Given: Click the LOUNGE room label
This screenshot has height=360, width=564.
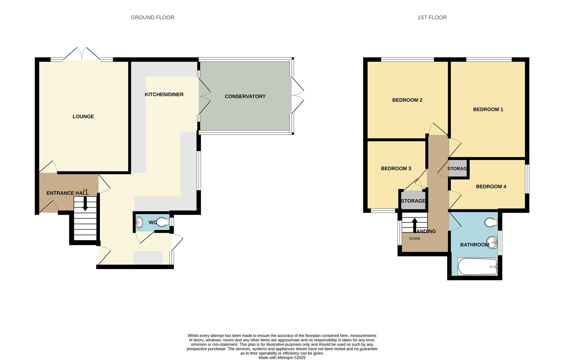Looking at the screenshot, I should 83,116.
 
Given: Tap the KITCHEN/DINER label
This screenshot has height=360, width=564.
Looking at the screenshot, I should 164,94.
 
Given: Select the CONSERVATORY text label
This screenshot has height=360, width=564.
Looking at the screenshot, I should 245,96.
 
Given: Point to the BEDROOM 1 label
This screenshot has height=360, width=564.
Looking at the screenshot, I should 488,109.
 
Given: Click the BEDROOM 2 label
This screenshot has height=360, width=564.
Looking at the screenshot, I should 407,100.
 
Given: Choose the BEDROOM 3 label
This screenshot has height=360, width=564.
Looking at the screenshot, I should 396,168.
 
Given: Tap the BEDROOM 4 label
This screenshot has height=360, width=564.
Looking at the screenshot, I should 491,186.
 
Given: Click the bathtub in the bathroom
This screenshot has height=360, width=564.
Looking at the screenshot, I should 477,267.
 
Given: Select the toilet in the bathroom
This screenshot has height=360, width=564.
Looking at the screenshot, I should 491,222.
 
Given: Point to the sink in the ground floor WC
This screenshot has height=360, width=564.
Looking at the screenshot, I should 139,222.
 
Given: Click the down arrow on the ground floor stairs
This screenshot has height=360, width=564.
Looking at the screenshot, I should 85,204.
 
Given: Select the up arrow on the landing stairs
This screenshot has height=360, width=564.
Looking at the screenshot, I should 414,225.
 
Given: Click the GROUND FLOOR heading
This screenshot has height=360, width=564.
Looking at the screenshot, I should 152,17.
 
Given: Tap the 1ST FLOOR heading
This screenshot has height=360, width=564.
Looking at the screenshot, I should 432,17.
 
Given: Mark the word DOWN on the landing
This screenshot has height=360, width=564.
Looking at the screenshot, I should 414,239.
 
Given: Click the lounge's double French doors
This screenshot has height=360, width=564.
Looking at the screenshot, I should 82,54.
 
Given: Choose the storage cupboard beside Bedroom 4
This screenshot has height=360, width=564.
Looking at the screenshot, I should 458,169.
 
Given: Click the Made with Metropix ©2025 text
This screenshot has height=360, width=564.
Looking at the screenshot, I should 282,358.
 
